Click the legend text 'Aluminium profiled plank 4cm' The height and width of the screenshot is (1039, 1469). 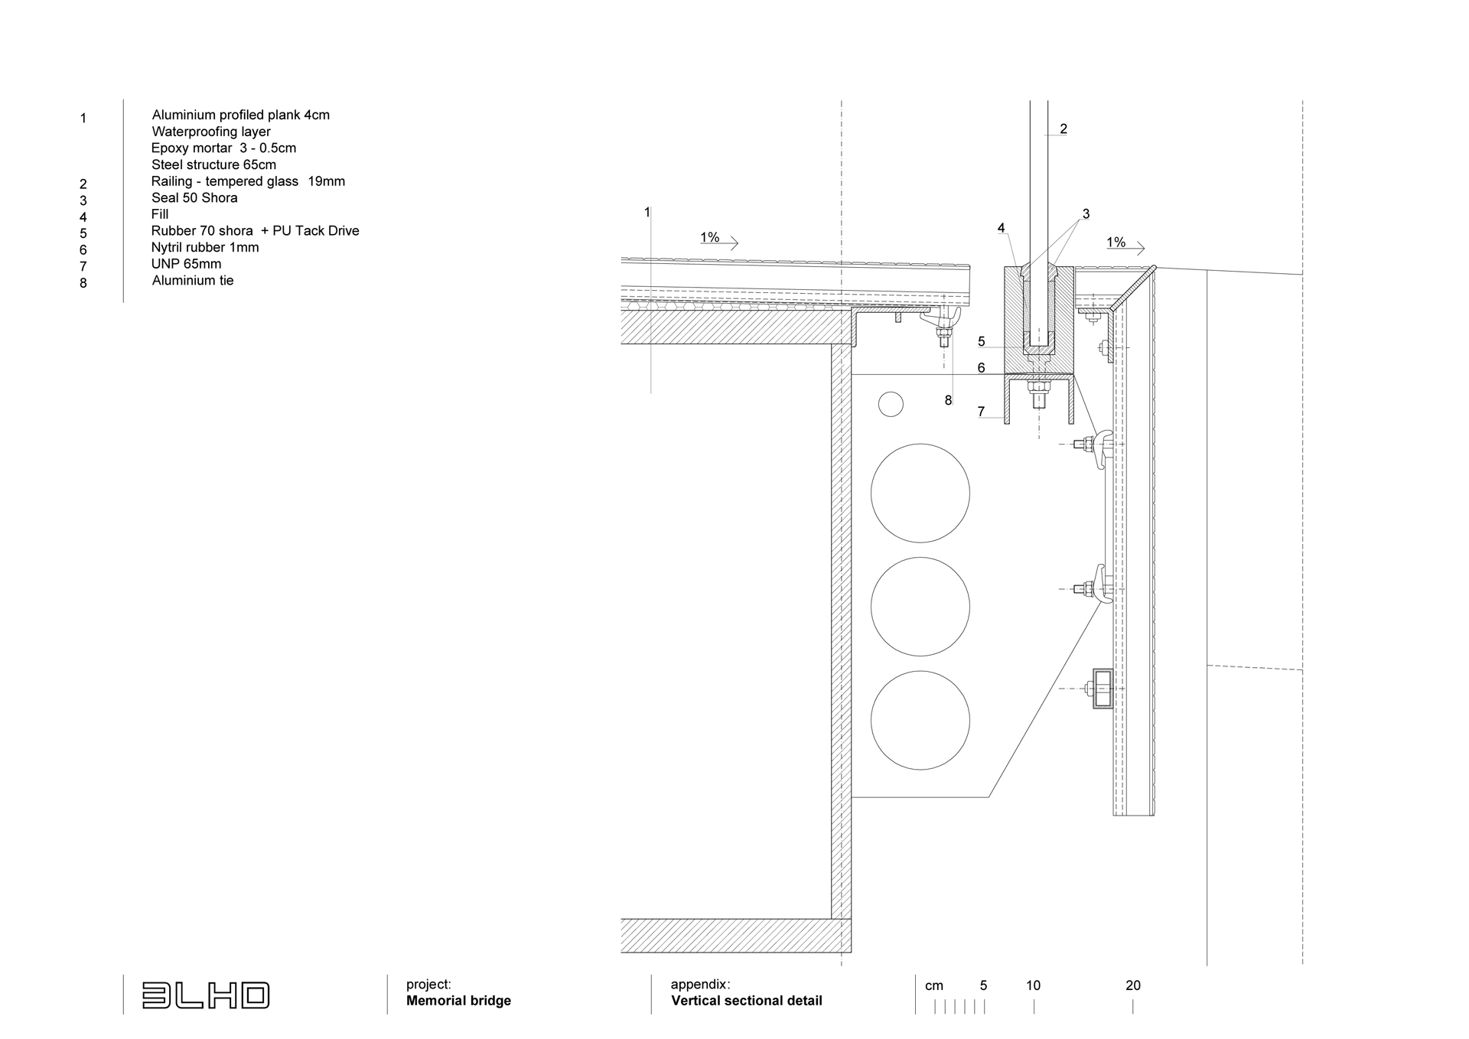coord(240,116)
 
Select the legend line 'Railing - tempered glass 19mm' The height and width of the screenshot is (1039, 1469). coord(248,181)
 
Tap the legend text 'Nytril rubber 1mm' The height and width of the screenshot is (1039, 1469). coord(205,247)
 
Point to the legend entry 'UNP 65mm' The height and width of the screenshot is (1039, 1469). coord(186,264)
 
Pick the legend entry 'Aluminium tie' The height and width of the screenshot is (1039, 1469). coord(193,281)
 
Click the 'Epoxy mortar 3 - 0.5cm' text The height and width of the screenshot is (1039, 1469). coord(223,148)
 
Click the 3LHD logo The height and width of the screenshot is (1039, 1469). coord(206,995)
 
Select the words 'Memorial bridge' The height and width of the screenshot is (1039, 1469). coord(458,1001)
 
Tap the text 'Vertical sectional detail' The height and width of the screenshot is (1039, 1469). coord(746,1001)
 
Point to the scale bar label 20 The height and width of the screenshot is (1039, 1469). coord(1133,985)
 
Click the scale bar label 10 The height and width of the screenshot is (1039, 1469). coord(1033,985)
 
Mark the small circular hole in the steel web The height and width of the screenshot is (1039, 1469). coord(891,404)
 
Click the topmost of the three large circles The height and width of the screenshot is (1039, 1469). coord(920,493)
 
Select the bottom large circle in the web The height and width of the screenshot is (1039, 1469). coord(920,720)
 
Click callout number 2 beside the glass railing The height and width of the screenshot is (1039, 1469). coord(1063,129)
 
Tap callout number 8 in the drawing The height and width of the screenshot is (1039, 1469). coord(948,400)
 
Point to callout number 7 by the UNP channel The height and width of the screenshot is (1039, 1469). coord(981,412)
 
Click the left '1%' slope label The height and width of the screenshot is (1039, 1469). coord(709,238)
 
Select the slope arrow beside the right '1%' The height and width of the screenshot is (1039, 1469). coord(1126,248)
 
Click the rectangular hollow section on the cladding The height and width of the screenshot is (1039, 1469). coord(1103,689)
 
